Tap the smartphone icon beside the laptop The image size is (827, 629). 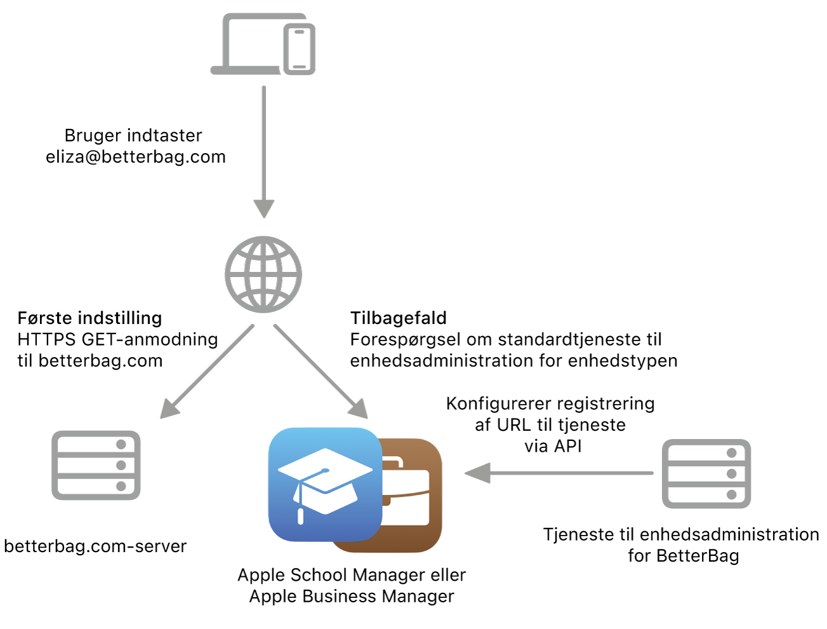299,49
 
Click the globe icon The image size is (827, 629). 263,274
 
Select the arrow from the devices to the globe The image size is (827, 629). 264,152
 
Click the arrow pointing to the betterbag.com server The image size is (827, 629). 207,371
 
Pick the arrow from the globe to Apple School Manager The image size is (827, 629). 321,371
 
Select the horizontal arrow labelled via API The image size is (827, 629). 559,473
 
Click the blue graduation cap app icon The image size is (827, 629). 325,484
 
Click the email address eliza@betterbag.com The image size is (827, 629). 136,157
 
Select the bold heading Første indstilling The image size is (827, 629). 89,318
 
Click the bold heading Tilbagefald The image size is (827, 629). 398,318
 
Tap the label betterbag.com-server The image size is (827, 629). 95,546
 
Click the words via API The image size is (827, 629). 553,446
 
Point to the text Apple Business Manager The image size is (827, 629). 352,596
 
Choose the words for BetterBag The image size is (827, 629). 683,555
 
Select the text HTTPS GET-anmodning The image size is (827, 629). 117,339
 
